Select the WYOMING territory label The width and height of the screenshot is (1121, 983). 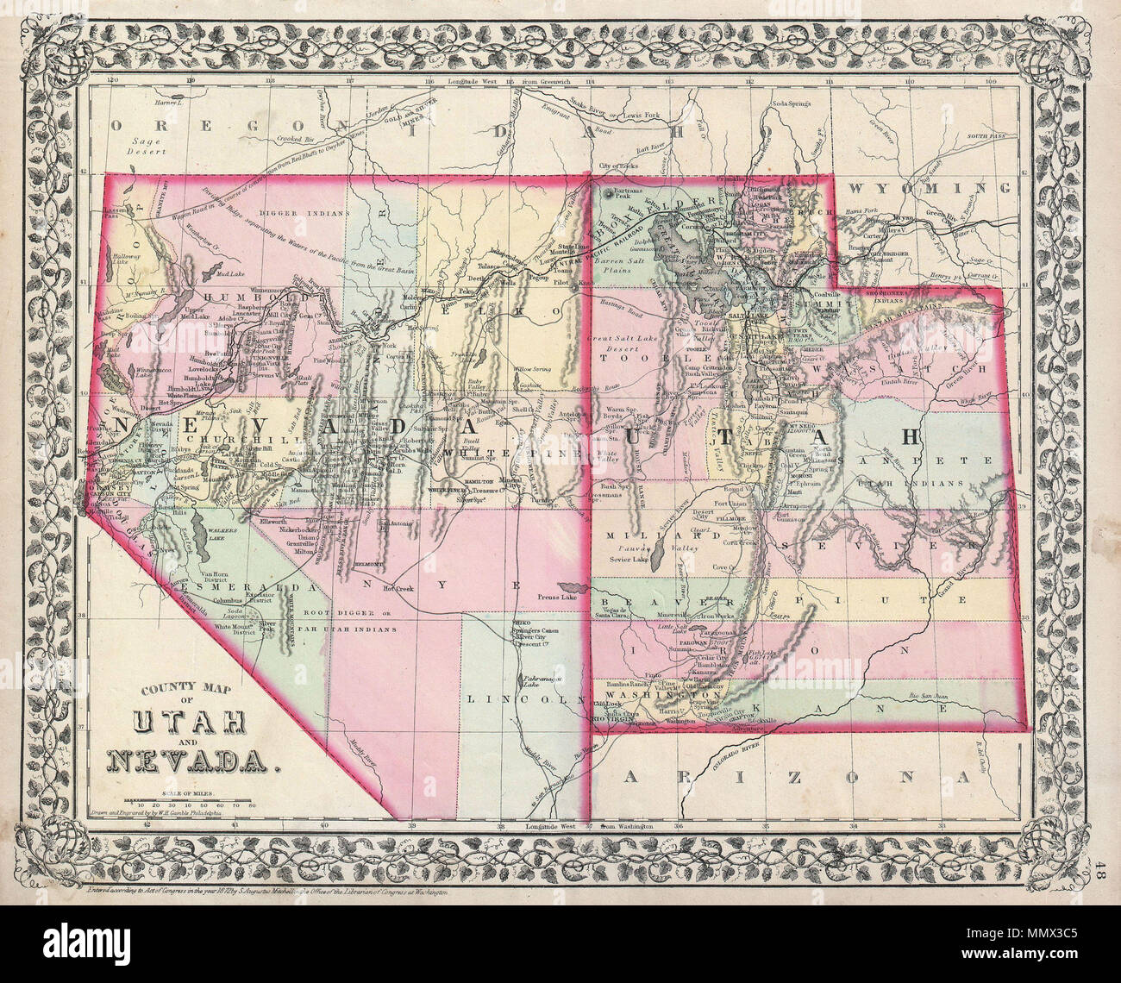pyautogui.click(x=929, y=187)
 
